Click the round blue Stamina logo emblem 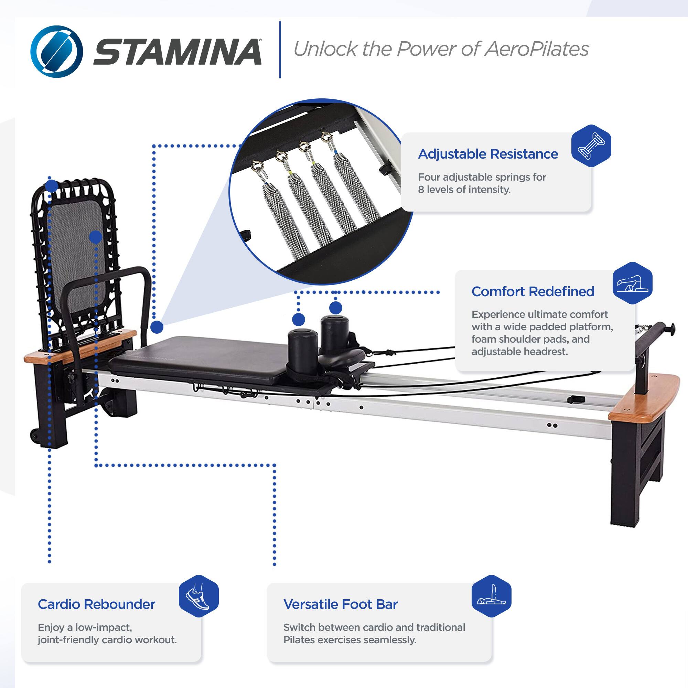(x=57, y=51)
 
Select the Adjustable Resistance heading (x=488, y=154)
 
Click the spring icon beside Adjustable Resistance (x=591, y=146)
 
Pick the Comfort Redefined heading (x=533, y=292)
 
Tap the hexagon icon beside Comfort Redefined (x=633, y=283)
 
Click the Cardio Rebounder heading (x=97, y=604)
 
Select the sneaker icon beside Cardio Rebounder (x=198, y=596)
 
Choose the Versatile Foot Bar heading (x=341, y=604)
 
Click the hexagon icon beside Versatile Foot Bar (x=491, y=596)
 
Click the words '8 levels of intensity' (x=464, y=190)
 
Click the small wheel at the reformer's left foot (x=35, y=435)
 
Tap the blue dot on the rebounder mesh (x=95, y=237)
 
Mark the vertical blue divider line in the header (x=280, y=50)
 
